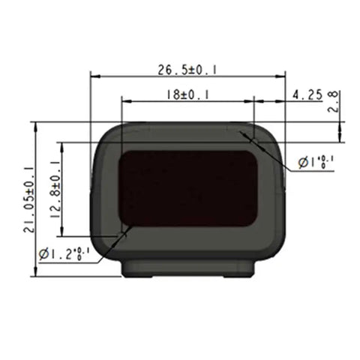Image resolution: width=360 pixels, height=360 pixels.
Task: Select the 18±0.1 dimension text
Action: point(187,94)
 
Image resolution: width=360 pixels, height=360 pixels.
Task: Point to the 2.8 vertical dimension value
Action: point(334,101)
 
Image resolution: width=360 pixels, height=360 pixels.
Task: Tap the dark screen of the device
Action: point(187,187)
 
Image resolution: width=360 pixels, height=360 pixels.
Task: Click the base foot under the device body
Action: point(187,268)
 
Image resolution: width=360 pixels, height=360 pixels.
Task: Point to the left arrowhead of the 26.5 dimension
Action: point(93,76)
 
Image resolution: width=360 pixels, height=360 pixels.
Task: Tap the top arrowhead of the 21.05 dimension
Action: point(37,125)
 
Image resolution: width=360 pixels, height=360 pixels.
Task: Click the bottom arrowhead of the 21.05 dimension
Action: point(37,272)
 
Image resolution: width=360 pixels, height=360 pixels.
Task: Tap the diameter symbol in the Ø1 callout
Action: point(303,162)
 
